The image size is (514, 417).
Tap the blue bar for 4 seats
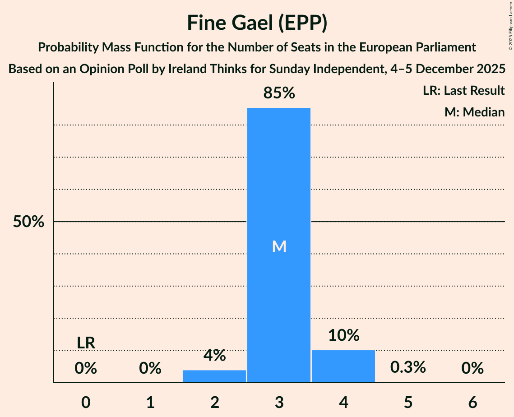343,366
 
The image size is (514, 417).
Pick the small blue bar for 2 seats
214,376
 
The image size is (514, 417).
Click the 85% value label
279,93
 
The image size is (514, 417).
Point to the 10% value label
343,335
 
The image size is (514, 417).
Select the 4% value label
214,355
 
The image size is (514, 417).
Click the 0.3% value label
408,367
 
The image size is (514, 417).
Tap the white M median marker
279,246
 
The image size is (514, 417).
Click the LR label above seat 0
86,343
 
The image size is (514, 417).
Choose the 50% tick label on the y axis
28,222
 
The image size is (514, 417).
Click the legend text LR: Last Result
463,91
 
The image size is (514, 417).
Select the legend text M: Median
474,112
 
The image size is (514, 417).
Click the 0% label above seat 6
472,369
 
